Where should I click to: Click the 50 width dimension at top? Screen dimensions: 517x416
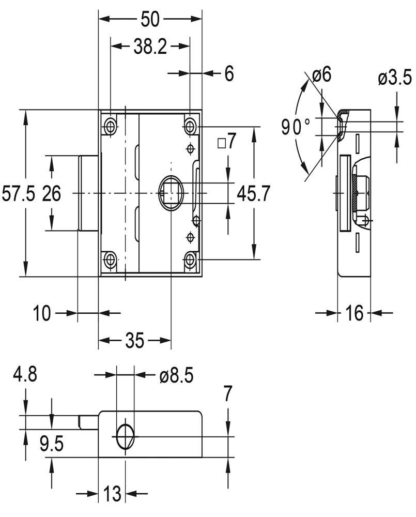[x=150, y=19]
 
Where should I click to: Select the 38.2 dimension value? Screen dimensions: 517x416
[x=150, y=47]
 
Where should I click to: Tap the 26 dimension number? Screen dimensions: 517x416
[x=51, y=194]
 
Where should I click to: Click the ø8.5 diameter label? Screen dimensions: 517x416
[x=176, y=376]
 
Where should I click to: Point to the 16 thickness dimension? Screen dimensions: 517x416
[x=355, y=313]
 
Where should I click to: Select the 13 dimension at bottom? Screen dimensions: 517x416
[x=112, y=494]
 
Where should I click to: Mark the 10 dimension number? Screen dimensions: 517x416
[x=43, y=313]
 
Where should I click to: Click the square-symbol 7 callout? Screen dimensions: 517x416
[x=227, y=142]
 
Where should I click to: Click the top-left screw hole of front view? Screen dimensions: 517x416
[x=110, y=126]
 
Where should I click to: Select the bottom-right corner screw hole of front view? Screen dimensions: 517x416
[x=190, y=260]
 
